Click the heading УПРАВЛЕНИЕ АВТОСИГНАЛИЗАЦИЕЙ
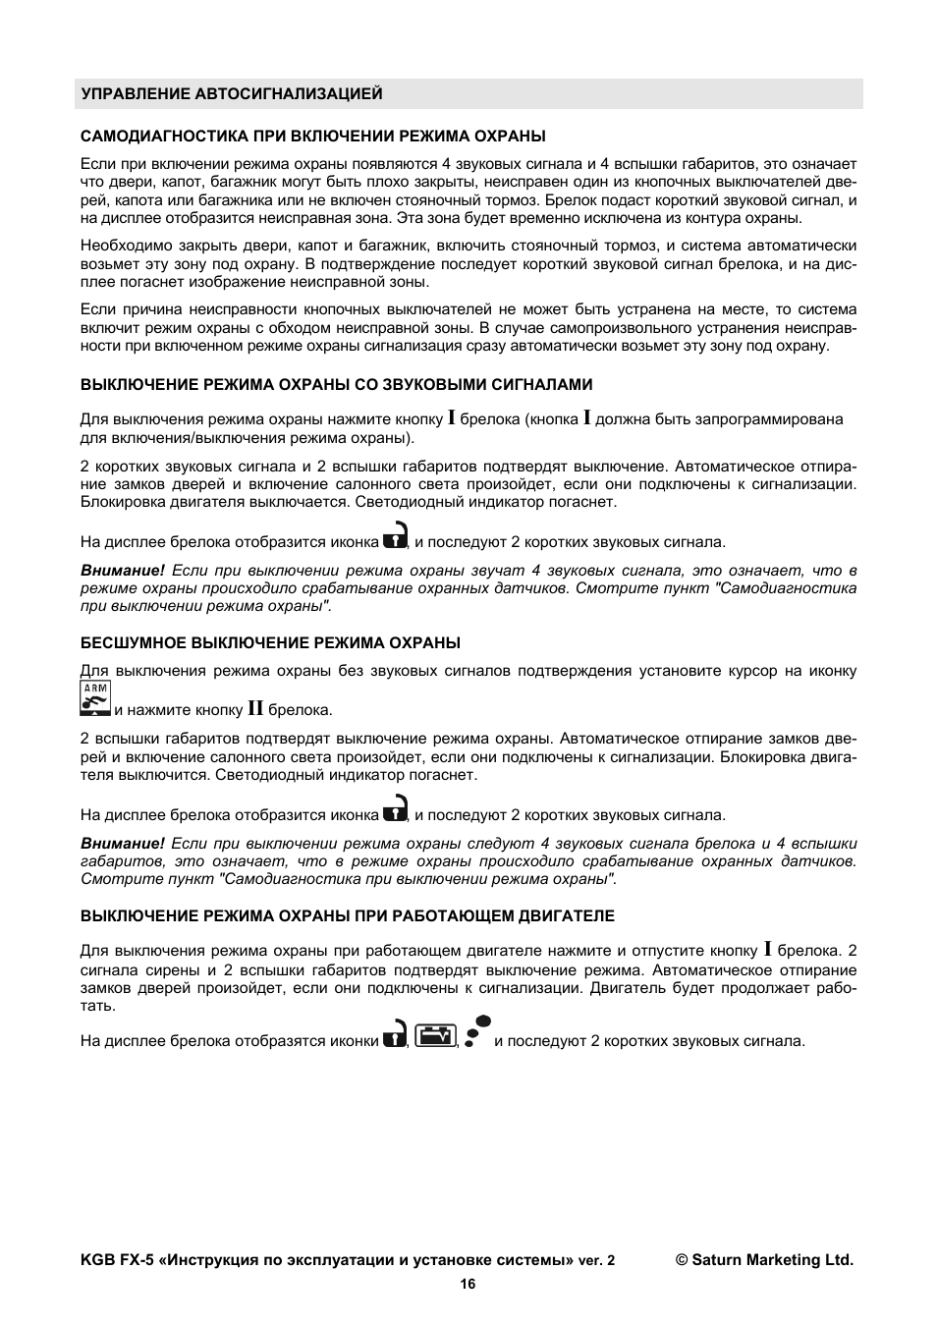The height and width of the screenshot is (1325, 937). tap(231, 94)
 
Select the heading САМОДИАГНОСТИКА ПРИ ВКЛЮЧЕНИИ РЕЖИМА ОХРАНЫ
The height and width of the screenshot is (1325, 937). tap(312, 136)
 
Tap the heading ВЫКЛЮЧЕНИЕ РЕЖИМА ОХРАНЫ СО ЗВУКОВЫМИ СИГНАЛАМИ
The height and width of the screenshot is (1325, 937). tap(336, 384)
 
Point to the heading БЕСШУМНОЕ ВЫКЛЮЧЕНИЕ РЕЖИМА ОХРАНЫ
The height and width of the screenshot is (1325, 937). tap(270, 642)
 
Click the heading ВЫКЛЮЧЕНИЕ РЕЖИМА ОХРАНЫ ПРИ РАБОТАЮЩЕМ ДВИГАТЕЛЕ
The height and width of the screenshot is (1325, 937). tap(347, 915)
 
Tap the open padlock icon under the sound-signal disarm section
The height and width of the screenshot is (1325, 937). tap(395, 535)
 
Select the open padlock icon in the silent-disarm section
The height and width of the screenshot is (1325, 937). tap(395, 808)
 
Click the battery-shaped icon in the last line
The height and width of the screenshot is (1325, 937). tap(435, 1035)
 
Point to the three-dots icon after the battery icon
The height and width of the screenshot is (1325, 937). tap(477, 1034)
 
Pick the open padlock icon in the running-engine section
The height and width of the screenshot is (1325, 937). tap(395, 1034)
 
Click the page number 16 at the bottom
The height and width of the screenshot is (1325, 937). tap(468, 1284)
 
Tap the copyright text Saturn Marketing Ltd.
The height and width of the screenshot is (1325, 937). tap(763, 1260)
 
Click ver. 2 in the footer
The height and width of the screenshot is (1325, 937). tap(596, 1260)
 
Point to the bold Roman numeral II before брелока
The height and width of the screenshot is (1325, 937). tap(255, 708)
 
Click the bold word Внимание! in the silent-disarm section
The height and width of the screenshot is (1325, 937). tap(123, 843)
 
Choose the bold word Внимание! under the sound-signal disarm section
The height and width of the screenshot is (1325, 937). tap(123, 570)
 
